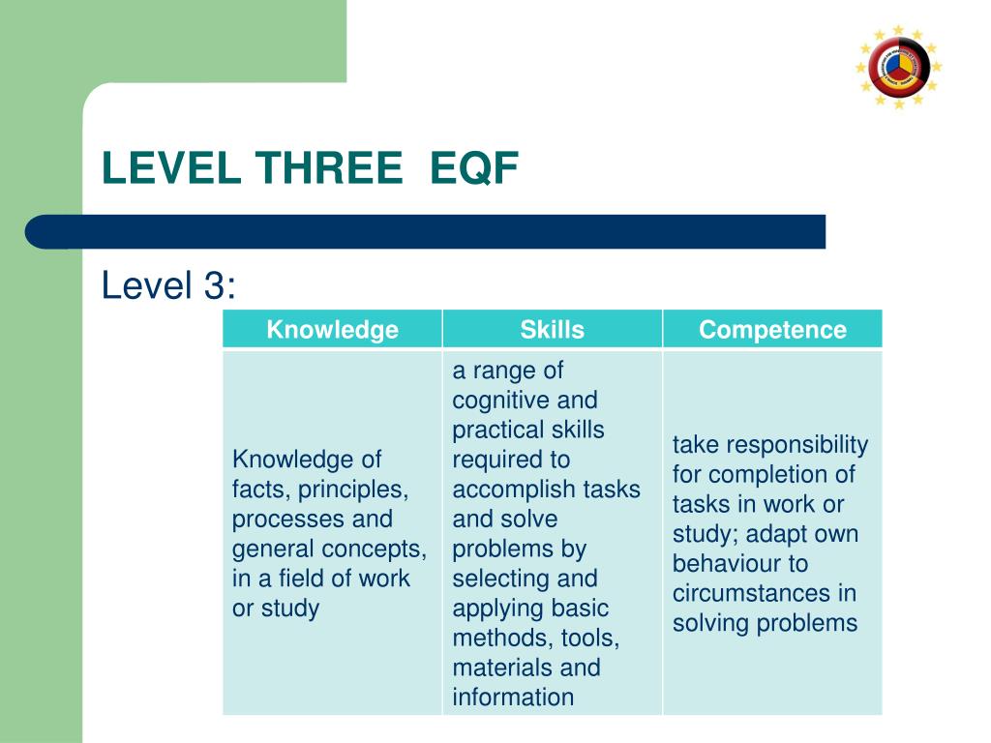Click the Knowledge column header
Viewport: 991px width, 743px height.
(332, 330)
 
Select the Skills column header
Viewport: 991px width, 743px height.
(552, 330)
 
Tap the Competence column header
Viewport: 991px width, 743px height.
(772, 330)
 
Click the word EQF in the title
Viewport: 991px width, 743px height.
(474, 170)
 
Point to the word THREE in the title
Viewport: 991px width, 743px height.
(330, 170)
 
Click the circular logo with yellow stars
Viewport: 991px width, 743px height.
(898, 67)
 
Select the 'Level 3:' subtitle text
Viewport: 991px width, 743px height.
(169, 286)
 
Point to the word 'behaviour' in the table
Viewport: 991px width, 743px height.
(714, 564)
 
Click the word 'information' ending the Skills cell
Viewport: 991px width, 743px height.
(513, 698)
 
